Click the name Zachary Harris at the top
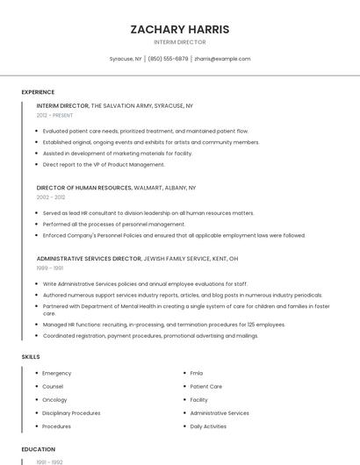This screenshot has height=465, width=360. coord(179,29)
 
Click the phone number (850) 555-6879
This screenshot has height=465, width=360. coord(168,59)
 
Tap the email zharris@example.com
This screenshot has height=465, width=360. coord(222,59)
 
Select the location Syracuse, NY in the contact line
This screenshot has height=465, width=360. coord(126,59)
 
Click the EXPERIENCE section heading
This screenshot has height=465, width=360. coord(38,92)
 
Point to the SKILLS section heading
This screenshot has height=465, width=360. coord(31,357)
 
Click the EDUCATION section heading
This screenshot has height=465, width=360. coord(39,449)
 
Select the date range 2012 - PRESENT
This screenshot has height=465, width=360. coord(54,115)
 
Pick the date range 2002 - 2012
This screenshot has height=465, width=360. coord(51,197)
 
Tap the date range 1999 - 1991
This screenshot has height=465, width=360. coord(50,268)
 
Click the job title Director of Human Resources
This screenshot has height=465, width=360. coord(84,188)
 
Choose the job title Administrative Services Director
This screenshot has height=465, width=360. coord(89,259)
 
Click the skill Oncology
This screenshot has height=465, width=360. coord(55,399)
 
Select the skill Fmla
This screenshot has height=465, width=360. coord(197,373)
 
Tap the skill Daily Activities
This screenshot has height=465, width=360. coord(208,426)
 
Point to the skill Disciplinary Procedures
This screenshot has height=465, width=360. coord(71,412)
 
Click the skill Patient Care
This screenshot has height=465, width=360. coord(205,386)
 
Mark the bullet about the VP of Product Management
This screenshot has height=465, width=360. coord(104,164)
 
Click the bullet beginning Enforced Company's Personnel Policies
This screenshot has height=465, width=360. coord(174,235)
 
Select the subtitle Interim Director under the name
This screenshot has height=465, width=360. coord(179,42)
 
